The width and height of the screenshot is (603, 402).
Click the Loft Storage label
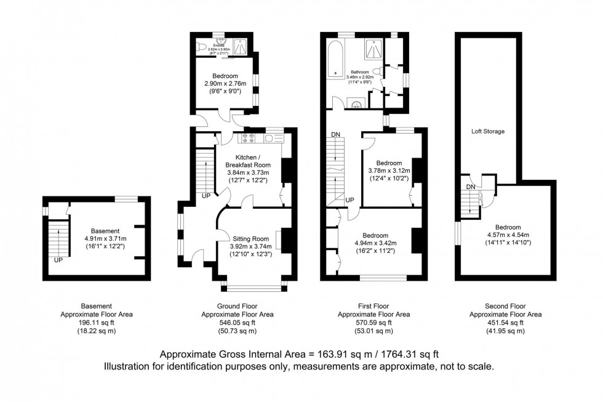tap(488, 131)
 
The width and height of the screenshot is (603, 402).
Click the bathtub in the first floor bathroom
tap(336, 61)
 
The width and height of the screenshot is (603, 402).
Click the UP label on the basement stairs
tap(58, 260)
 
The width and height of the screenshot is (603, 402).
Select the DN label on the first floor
tap(335, 135)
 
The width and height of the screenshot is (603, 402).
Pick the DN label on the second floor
tap(470, 187)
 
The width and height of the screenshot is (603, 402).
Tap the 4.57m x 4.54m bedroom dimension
tap(508, 235)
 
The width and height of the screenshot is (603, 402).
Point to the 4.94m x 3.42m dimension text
tap(375, 243)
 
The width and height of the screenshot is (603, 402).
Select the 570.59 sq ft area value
tap(375, 322)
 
